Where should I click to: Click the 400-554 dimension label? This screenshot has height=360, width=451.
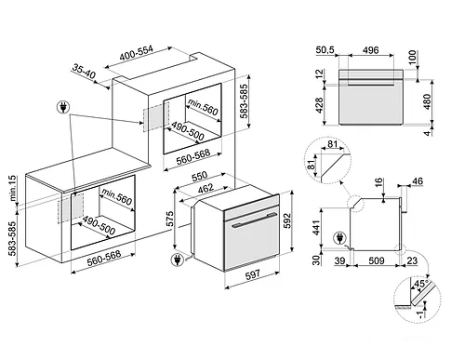137,53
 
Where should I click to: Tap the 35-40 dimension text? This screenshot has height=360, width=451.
84,71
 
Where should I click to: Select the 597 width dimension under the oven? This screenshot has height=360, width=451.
253,274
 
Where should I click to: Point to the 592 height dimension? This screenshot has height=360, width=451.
288,220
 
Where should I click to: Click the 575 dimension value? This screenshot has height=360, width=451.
169,220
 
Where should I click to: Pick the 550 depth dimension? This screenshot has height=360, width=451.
200,176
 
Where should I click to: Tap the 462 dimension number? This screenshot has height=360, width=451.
206,188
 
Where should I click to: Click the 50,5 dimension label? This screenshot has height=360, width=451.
325,50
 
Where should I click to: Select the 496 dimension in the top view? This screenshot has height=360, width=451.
370,50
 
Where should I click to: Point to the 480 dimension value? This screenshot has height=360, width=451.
428,101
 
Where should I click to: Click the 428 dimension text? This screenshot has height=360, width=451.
319,105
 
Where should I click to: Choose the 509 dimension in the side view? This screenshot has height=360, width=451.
377,260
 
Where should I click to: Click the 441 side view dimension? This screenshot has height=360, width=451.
316,228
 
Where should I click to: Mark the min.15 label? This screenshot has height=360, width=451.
13,188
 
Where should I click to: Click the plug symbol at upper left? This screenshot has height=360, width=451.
63,107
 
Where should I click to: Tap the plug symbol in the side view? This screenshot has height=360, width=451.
339,238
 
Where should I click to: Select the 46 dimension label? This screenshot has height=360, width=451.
418,181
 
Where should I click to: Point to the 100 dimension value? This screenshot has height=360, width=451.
413,58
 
